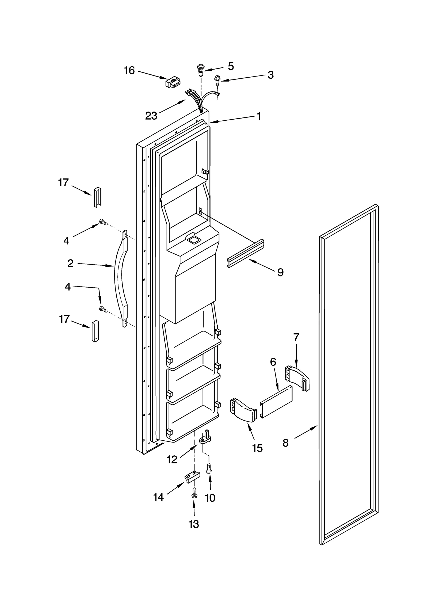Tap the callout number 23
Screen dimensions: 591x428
[x=151, y=116]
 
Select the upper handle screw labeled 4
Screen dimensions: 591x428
[x=103, y=222]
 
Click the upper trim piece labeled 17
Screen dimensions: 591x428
[x=97, y=197]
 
